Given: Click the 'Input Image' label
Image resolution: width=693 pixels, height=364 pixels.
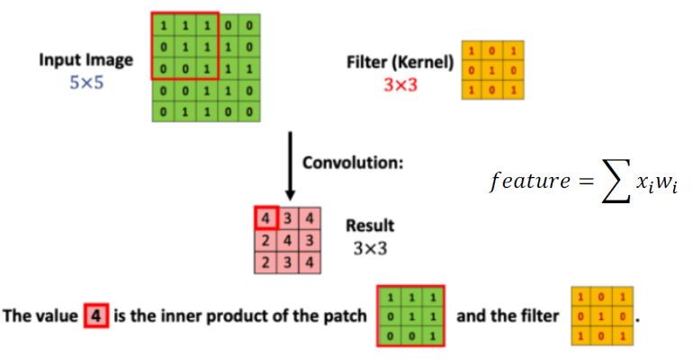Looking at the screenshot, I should pyautogui.click(x=85, y=60).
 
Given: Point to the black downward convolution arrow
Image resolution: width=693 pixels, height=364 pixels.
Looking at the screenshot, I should pyautogui.click(x=289, y=166).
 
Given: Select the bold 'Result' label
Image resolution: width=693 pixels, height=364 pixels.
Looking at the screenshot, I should pyautogui.click(x=370, y=226).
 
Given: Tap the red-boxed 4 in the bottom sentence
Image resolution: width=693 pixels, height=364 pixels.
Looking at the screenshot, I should pyautogui.click(x=96, y=316).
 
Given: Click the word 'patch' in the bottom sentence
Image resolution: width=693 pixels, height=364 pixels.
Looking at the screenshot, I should pyautogui.click(x=346, y=316).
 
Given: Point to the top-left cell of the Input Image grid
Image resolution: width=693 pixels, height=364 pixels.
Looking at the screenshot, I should pyautogui.click(x=162, y=21).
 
